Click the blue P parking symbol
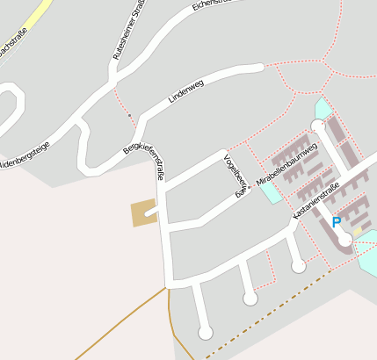[x=336, y=223]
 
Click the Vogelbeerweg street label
[x=232, y=175]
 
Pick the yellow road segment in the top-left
[x=35, y=16]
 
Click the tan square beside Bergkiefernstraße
[x=141, y=213]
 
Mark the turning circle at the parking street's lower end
[x=344, y=238]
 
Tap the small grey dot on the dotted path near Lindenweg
[x=129, y=115]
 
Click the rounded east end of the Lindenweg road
[x=259, y=67]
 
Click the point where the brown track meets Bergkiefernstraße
[x=166, y=286]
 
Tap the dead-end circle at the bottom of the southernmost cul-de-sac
[x=206, y=332]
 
